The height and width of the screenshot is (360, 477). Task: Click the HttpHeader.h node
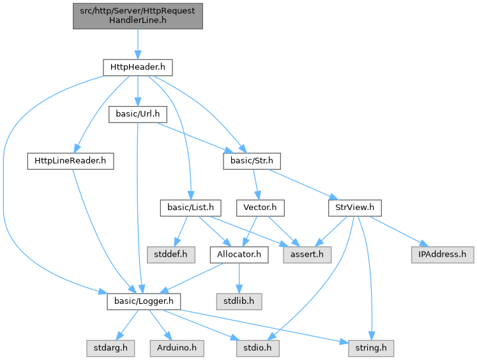[137, 66]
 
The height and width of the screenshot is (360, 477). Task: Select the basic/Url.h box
[138, 114]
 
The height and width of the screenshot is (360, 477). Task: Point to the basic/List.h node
[190, 207]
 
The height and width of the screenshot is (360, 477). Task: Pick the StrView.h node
[354, 207]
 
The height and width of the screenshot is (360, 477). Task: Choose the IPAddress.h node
[443, 255]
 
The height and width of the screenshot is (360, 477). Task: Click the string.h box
[370, 349]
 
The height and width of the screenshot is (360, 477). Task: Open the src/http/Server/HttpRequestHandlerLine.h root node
[137, 15]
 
